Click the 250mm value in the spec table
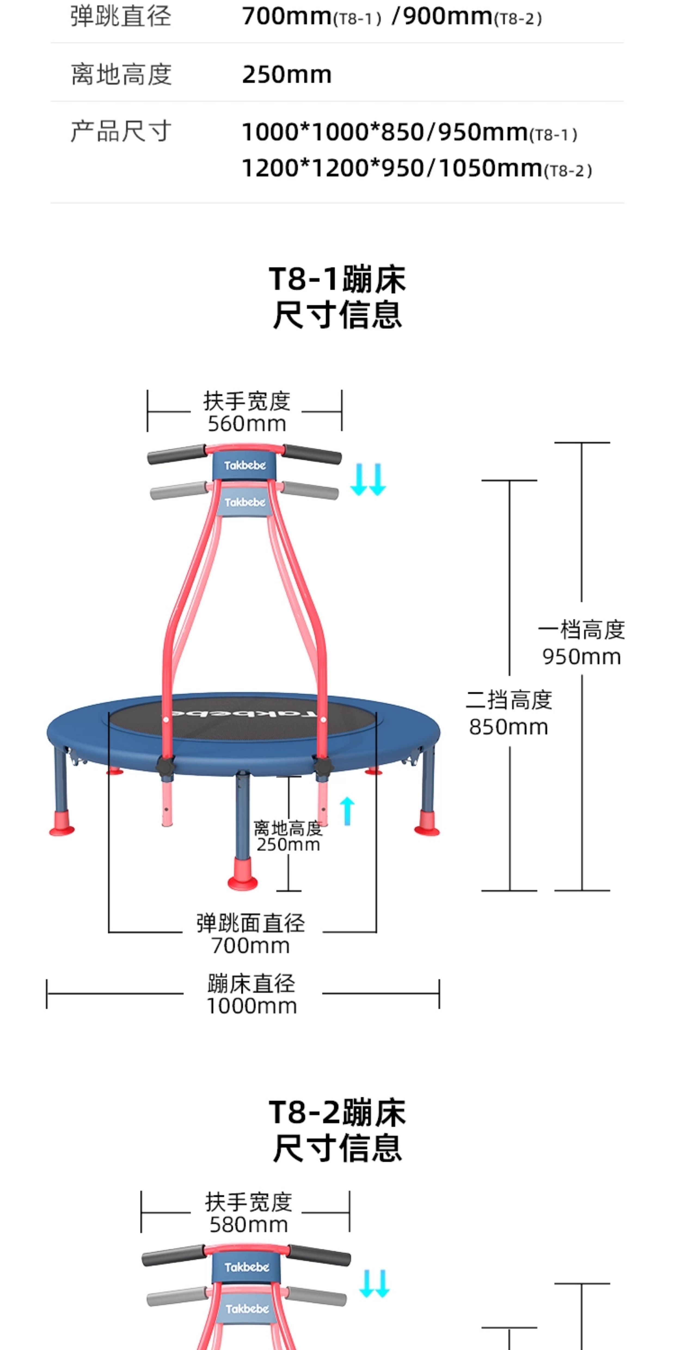(287, 74)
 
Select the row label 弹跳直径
(121, 16)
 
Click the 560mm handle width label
(247, 424)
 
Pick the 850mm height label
(508, 727)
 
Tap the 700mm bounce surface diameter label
(250, 946)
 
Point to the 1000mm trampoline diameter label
(251, 1006)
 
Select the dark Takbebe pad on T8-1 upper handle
(245, 465)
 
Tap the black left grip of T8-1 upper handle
(177, 454)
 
